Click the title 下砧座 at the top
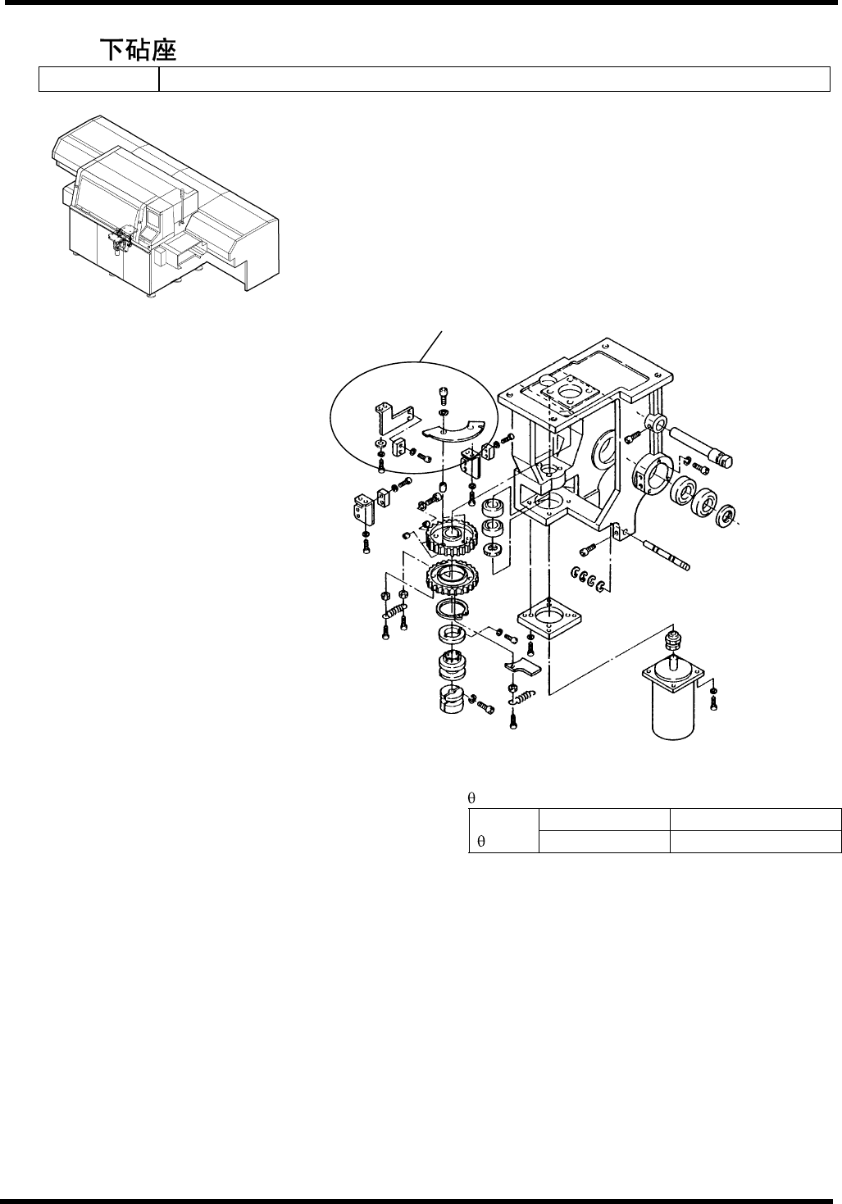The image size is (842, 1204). tap(139, 50)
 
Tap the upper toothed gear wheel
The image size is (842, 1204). tap(451, 537)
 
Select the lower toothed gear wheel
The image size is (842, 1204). tap(449, 581)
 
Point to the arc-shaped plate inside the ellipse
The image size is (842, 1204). tap(454, 434)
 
